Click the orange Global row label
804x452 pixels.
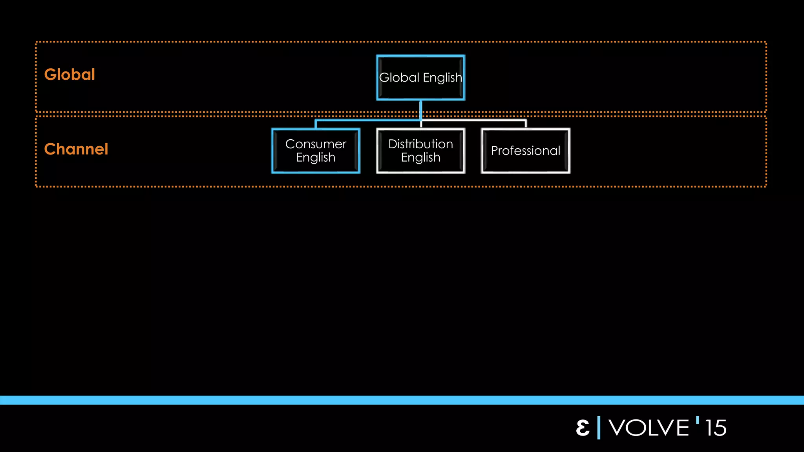(x=69, y=75)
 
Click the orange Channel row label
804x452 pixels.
(x=76, y=149)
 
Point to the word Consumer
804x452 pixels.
(x=316, y=144)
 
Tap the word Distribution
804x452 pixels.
(x=420, y=144)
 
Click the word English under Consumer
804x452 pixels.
(x=316, y=157)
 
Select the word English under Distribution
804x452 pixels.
(x=420, y=157)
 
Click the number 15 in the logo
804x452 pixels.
(x=715, y=428)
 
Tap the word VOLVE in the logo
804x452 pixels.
(x=649, y=428)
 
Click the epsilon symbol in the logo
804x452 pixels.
(x=583, y=428)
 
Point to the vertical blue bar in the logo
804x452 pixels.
(x=599, y=428)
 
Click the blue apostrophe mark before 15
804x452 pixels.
(x=698, y=420)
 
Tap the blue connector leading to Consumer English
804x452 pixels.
(x=365, y=120)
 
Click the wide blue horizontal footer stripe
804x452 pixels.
(x=402, y=400)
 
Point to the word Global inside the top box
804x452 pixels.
(x=399, y=78)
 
